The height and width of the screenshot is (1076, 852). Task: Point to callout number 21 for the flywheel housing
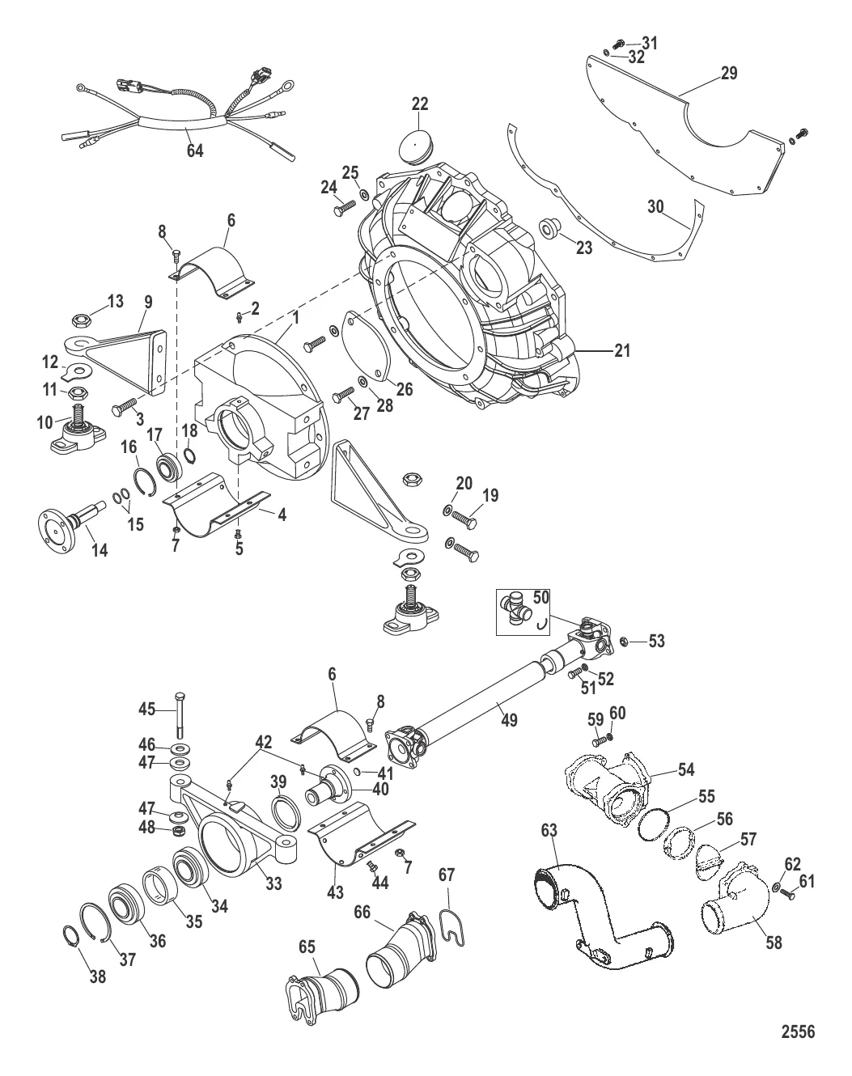click(622, 350)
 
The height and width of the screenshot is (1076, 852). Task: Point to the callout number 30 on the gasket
click(655, 206)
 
